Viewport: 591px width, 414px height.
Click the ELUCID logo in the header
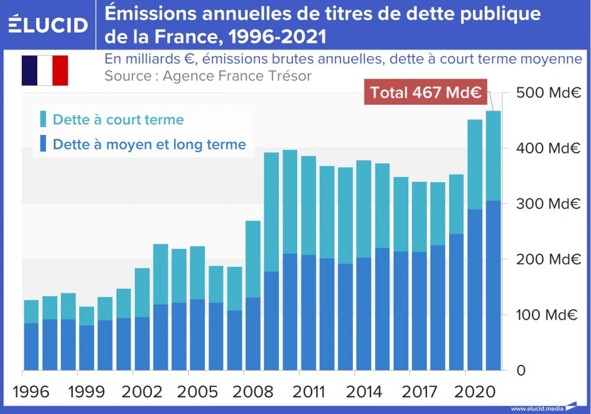48,24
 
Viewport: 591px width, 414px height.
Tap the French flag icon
45,70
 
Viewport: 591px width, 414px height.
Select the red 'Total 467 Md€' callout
425,92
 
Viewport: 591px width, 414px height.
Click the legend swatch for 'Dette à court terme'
43,119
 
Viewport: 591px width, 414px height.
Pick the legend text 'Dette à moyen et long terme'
149,144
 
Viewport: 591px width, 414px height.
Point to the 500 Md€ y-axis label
547,93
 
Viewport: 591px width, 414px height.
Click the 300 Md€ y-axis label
547,204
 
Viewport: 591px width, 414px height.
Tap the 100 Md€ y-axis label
547,315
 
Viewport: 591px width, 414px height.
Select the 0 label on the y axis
521,371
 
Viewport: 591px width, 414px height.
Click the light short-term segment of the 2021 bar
493,155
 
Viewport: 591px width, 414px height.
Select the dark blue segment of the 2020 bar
475,290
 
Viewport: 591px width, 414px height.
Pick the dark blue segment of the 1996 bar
31,347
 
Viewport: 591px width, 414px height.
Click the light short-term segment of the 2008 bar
253,258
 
